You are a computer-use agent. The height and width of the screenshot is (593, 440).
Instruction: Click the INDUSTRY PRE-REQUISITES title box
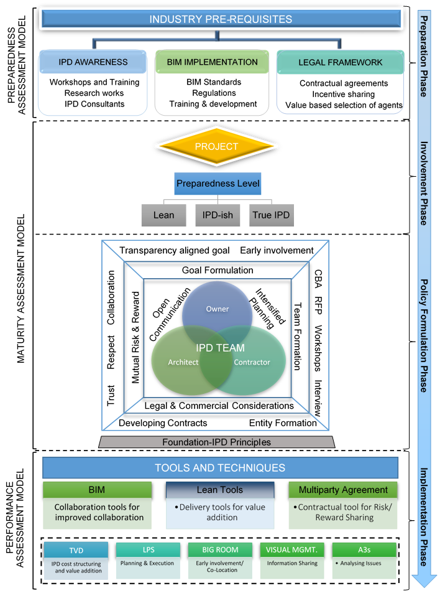[221, 19]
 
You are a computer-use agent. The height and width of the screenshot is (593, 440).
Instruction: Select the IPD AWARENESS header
[93, 62]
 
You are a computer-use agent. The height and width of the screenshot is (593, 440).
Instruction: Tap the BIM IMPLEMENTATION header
[212, 62]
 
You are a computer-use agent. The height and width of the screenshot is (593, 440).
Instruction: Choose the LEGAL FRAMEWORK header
[340, 63]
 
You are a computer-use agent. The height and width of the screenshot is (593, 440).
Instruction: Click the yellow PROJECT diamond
[216, 147]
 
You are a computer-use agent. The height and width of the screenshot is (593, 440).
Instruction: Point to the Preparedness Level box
[218, 184]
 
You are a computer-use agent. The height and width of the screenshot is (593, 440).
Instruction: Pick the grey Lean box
[163, 215]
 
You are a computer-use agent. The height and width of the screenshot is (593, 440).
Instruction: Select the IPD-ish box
[218, 215]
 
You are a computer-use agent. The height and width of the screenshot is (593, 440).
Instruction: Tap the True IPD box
[272, 215]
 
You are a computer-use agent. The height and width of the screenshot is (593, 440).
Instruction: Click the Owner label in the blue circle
[218, 309]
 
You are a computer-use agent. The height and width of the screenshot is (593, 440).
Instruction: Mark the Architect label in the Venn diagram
[183, 362]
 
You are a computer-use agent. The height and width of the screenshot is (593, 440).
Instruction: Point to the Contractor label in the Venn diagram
[252, 362]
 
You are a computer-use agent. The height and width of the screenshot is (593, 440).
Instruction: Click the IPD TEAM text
[221, 348]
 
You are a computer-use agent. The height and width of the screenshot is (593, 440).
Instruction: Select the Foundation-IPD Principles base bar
[216, 442]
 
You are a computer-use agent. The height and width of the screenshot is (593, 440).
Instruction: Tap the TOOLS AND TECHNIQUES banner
[220, 468]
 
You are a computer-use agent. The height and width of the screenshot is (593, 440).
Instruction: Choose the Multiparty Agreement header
[343, 490]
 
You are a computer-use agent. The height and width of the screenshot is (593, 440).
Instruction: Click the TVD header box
[76, 550]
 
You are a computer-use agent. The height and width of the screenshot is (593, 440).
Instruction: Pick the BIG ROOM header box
[220, 549]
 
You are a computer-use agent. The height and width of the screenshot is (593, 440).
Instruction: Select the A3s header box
[364, 549]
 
